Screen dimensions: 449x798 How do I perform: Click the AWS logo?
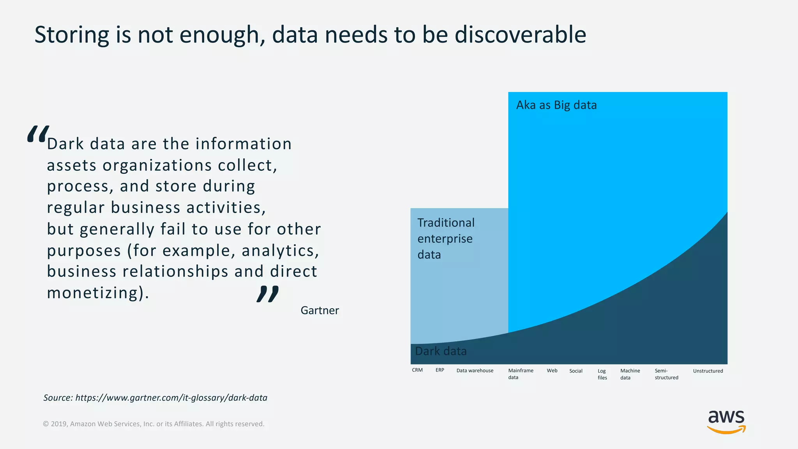click(726, 422)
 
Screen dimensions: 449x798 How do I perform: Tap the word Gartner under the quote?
click(320, 311)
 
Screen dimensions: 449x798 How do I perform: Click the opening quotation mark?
click(38, 134)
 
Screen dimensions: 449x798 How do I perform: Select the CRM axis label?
click(417, 370)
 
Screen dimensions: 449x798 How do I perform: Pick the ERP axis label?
click(440, 370)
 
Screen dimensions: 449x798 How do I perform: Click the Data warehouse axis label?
click(475, 370)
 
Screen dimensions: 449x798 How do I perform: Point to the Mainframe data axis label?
click(521, 374)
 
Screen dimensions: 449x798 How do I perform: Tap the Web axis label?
click(552, 370)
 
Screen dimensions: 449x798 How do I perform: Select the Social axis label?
click(576, 371)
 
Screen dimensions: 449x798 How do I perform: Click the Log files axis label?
click(602, 374)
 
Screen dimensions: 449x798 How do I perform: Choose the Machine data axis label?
click(630, 374)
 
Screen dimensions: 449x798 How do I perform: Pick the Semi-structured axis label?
click(666, 374)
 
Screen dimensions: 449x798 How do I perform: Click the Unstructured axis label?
click(708, 371)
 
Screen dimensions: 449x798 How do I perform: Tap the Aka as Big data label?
click(556, 105)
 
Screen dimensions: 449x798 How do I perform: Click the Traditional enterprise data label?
click(446, 239)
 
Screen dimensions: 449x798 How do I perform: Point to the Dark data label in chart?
click(441, 351)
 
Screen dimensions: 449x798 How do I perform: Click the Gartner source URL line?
click(155, 398)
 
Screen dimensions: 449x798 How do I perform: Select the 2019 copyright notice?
click(154, 424)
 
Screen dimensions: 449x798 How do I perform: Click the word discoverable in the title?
click(520, 35)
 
